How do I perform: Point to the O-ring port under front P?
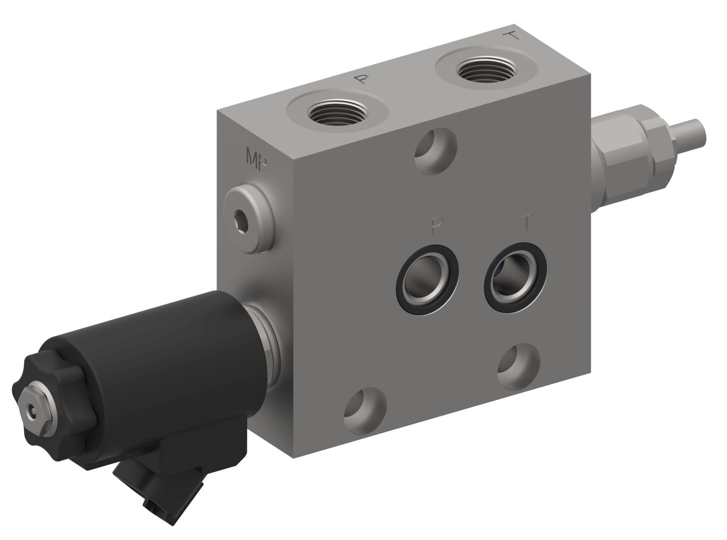click(427, 279)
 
